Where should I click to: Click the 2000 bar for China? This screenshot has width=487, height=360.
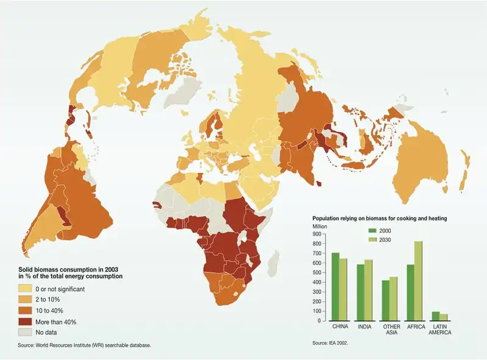(335, 286)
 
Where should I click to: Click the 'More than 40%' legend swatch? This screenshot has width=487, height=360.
(25, 321)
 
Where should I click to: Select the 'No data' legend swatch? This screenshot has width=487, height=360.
(25, 332)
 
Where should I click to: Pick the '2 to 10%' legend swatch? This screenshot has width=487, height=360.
(25, 299)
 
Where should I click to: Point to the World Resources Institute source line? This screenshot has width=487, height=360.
(84, 345)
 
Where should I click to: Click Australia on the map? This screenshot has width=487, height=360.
(420, 164)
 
